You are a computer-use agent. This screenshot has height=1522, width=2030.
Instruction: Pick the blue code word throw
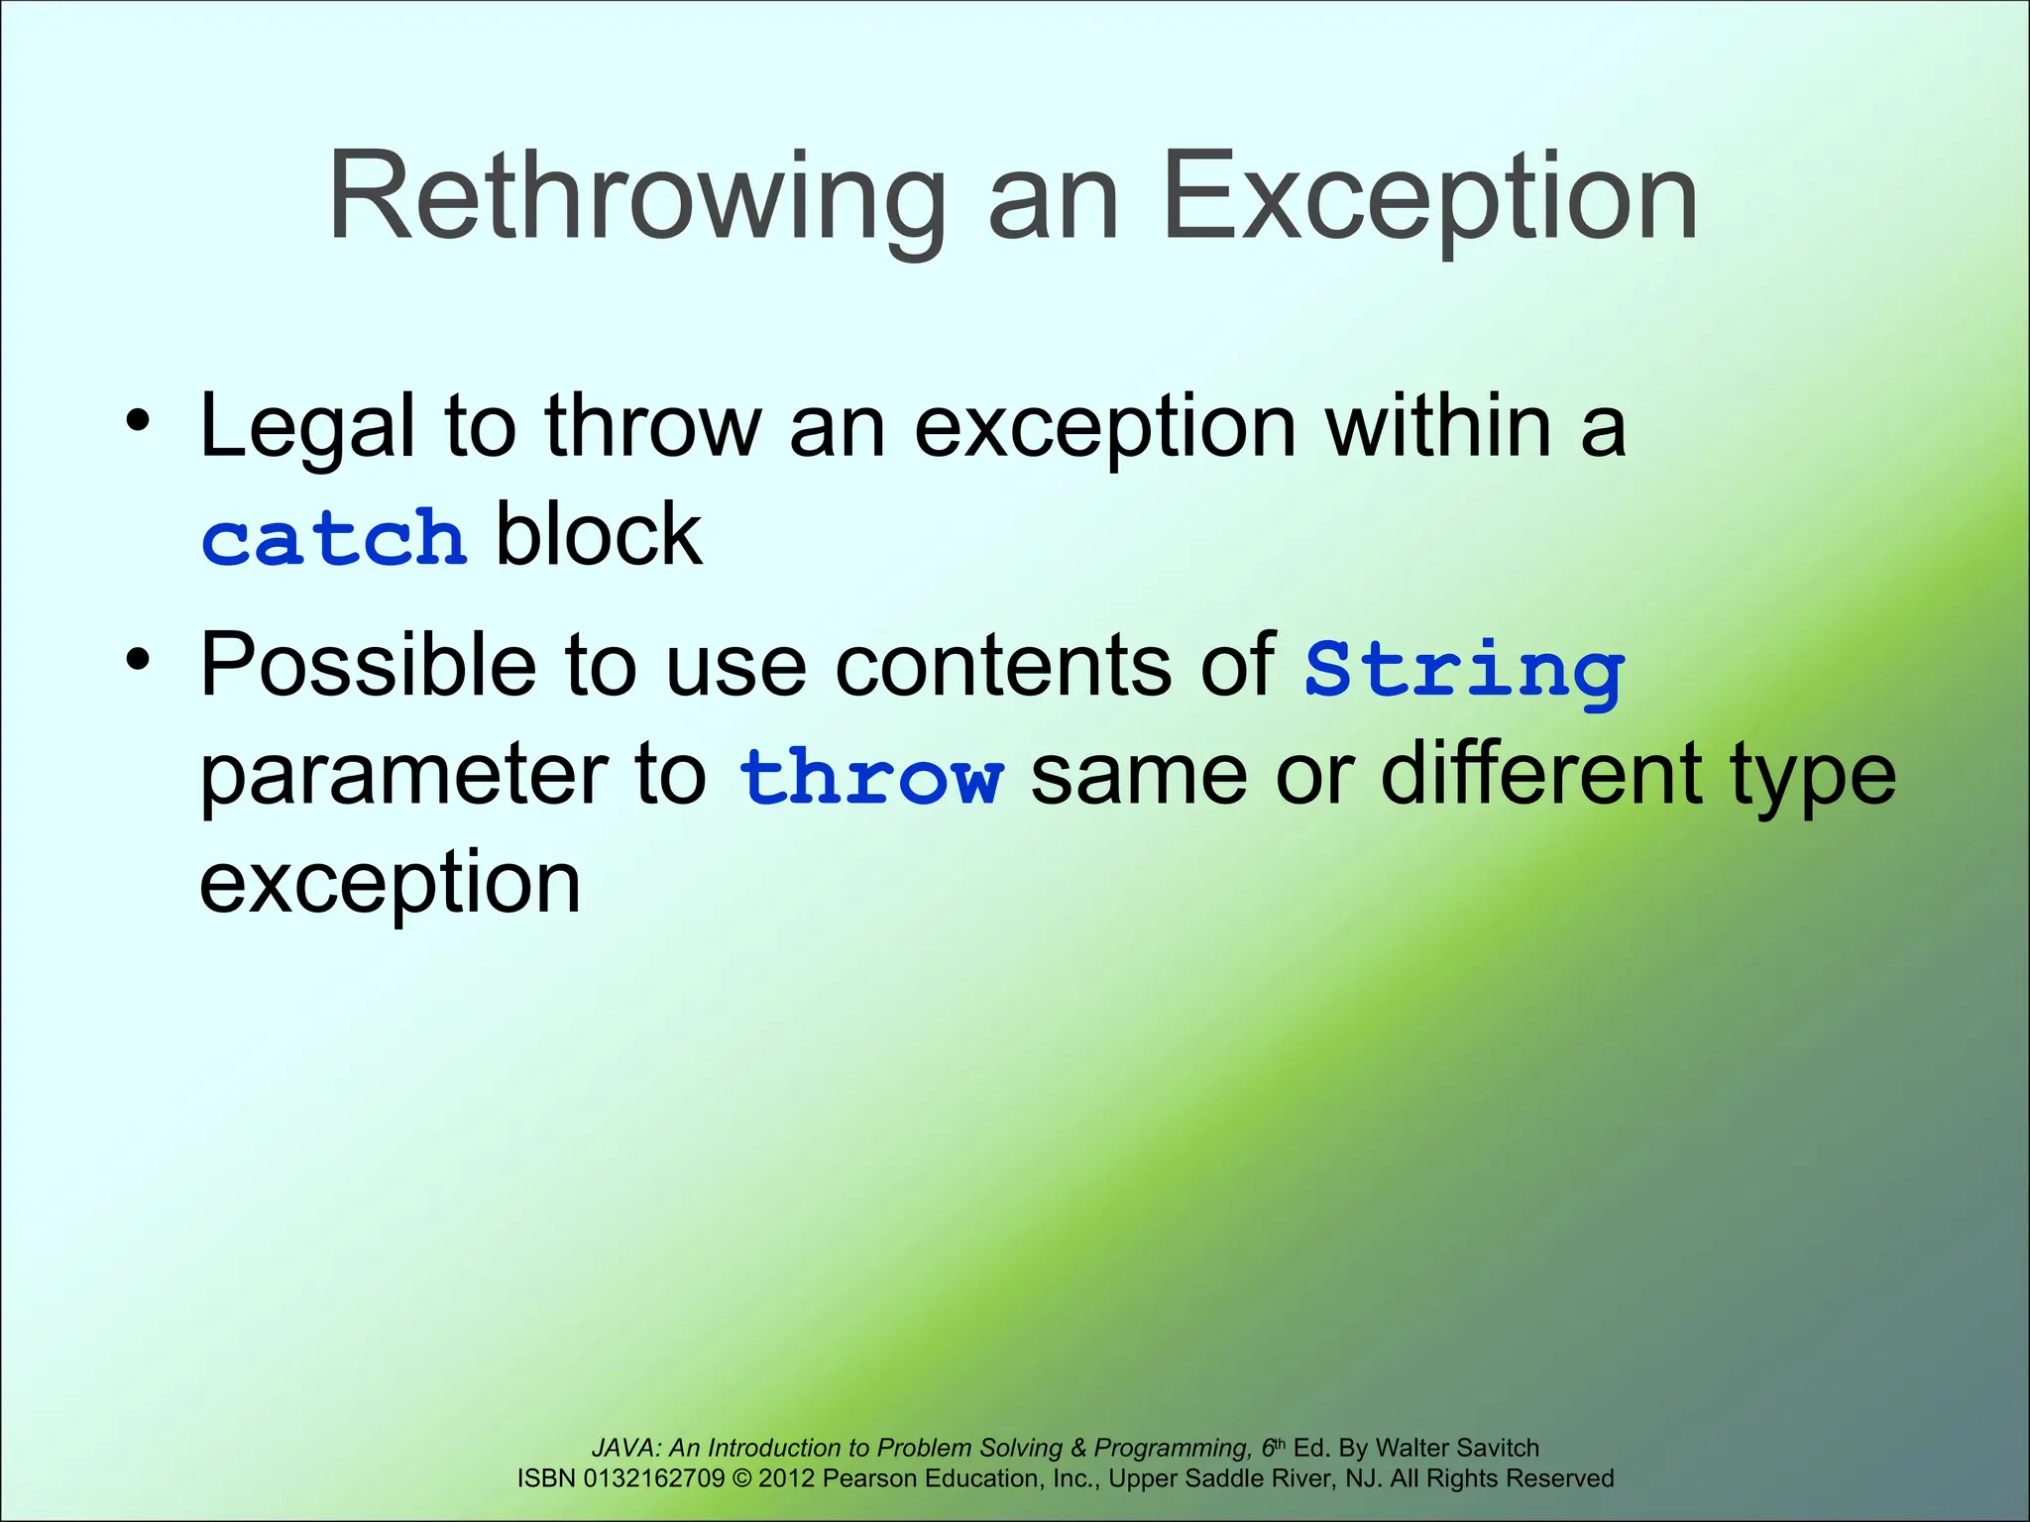click(870, 777)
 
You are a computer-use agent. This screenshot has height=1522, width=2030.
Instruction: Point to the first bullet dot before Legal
click(138, 421)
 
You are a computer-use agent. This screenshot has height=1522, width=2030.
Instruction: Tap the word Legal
click(306, 428)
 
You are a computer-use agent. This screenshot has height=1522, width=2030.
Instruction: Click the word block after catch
click(599, 535)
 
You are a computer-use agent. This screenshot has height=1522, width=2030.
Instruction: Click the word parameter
click(402, 779)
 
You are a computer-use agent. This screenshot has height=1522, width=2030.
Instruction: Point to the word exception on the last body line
click(390, 884)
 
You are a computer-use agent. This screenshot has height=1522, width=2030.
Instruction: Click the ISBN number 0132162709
click(654, 1478)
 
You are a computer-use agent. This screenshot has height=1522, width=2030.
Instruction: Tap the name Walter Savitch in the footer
click(1457, 1448)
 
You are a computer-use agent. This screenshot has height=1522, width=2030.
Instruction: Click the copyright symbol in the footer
click(741, 1478)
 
